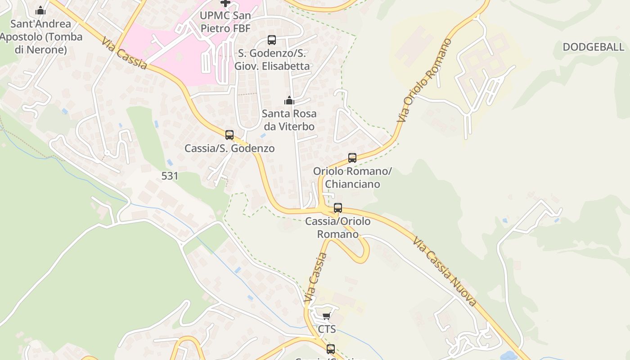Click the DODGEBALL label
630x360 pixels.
coord(593,47)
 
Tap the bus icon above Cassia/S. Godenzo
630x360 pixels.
coord(229,135)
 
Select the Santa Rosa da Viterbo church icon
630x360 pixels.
coord(289,100)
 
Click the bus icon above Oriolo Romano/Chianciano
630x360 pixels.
coord(352,158)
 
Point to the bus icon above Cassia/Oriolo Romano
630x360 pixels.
coord(338,208)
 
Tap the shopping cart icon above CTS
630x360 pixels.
coord(327,316)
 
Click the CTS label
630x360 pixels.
coord(327,329)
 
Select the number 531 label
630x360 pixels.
coord(170,176)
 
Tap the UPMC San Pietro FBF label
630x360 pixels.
coord(225,22)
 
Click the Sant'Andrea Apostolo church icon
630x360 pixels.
coord(40,10)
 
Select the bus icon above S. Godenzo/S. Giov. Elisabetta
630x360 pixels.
coord(272,40)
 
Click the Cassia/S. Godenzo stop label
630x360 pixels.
coord(229,148)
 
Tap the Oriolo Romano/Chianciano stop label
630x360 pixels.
coord(352,178)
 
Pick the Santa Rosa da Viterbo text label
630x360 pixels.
coord(289,120)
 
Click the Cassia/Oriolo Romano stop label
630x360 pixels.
coord(338,228)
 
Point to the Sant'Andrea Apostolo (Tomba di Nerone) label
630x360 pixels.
coord(40,36)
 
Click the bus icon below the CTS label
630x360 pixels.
coord(331,349)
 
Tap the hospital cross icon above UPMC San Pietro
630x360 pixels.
coord(225,3)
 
